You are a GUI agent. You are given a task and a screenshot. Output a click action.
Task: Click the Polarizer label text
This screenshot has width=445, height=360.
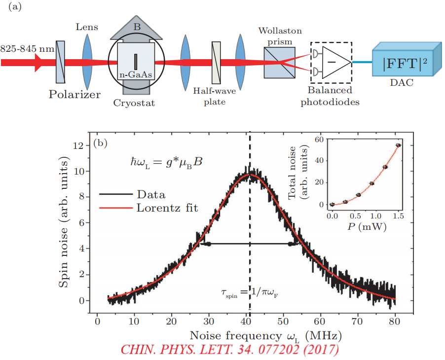[x=74, y=94]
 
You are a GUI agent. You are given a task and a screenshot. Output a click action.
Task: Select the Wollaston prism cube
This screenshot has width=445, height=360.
[x=279, y=63]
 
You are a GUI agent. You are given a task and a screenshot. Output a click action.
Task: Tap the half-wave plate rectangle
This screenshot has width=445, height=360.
[x=216, y=63]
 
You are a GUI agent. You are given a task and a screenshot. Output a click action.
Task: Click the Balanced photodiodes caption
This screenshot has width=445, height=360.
[x=330, y=96]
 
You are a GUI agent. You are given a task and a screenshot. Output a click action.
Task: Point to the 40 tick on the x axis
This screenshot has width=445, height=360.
[x=246, y=321]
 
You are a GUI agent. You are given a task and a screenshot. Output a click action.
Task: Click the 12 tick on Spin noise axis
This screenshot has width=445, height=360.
[x=78, y=146]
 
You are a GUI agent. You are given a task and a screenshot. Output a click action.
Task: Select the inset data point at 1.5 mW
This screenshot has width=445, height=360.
[x=399, y=145]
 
